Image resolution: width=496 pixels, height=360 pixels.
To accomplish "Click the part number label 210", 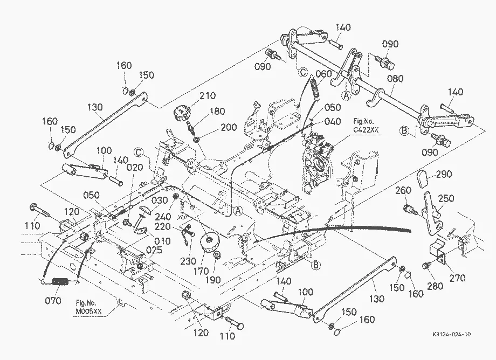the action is (x=208, y=95).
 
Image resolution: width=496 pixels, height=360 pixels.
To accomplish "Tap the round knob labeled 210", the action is (x=181, y=112).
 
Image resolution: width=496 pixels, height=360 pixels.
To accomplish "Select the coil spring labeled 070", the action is (x=60, y=281).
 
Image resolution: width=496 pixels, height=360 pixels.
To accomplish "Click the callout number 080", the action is (x=395, y=78).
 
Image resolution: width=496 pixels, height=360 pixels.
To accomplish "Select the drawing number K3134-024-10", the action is (x=452, y=334).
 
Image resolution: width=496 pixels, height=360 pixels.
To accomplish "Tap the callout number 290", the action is (x=444, y=174).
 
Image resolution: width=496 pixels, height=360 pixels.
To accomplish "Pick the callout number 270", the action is (x=457, y=278).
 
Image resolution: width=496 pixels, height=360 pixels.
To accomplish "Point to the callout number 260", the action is (x=403, y=191).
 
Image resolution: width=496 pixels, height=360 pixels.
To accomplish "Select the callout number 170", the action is (x=201, y=271).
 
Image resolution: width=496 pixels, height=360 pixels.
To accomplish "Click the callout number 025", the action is (x=154, y=250).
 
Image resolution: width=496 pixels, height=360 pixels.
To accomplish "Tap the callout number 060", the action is (x=323, y=74).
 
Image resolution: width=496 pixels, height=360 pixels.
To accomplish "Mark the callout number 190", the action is (x=212, y=280).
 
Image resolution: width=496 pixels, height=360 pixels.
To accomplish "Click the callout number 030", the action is (x=160, y=200).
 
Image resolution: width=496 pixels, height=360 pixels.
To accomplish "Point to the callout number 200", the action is (x=229, y=127).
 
